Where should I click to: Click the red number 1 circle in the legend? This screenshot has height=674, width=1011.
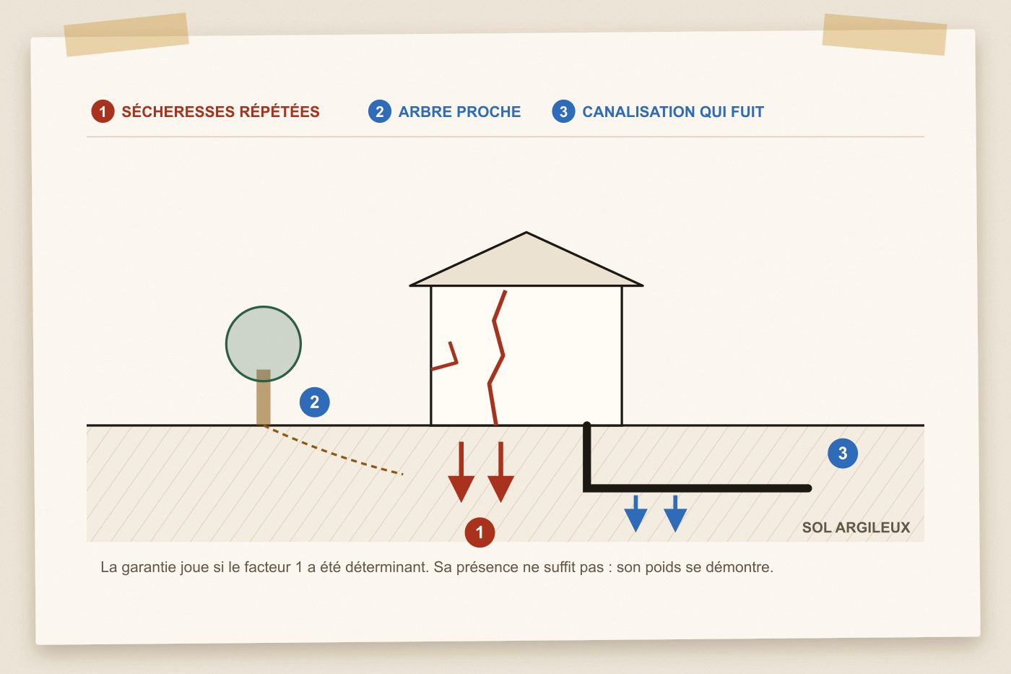click(x=103, y=111)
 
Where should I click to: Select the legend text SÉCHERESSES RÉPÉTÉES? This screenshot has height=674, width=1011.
click(x=220, y=111)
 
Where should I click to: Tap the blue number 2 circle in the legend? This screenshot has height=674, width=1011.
click(x=380, y=111)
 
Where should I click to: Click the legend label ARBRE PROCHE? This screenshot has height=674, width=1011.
click(x=459, y=111)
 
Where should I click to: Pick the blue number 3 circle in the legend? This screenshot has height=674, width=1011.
click(x=563, y=111)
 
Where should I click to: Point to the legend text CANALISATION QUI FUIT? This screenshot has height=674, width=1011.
click(x=673, y=111)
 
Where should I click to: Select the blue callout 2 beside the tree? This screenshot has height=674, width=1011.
click(x=315, y=402)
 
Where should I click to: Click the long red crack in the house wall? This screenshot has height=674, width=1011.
click(x=497, y=357)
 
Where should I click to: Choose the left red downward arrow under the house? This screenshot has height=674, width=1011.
click(x=461, y=472)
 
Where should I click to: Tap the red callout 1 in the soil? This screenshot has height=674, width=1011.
click(x=480, y=532)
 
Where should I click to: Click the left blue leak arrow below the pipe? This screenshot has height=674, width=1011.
click(x=636, y=514)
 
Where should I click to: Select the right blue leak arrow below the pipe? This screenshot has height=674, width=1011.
click(x=675, y=514)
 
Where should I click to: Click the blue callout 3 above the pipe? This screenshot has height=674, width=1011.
click(x=843, y=453)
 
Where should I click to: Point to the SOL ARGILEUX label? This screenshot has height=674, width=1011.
click(x=856, y=527)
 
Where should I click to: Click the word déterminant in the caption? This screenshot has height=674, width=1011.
click(x=386, y=567)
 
